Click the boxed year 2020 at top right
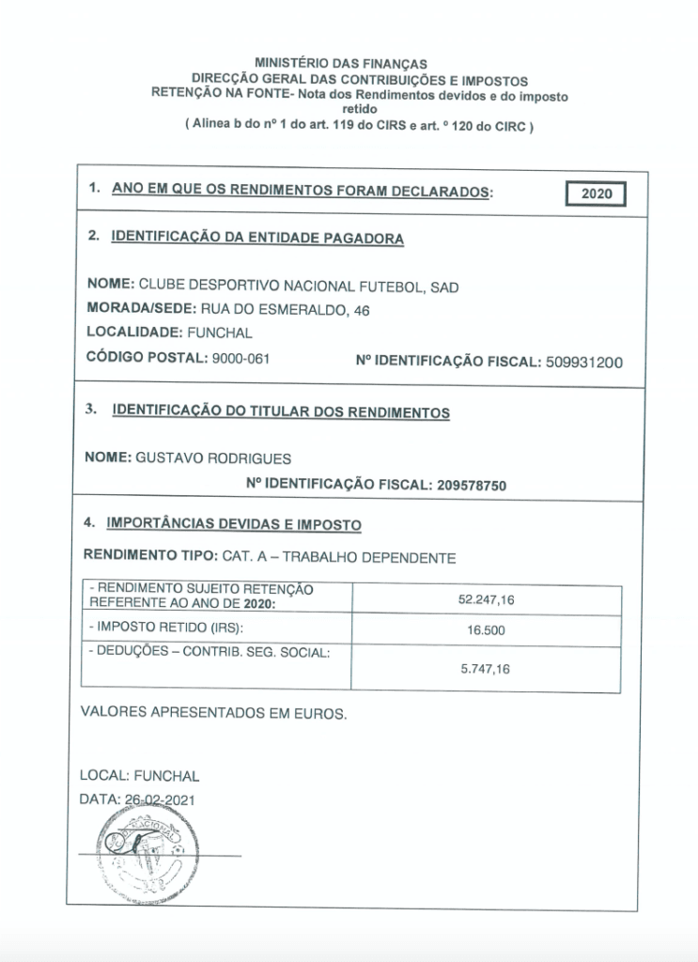coord(597,194)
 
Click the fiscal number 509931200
coord(582,361)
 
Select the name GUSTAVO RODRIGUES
coord(213,458)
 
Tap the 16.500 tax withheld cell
coord(486,630)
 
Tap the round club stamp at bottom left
coord(141,855)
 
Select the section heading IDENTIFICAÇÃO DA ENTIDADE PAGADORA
coord(257,239)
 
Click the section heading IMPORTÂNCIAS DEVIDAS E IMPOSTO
coord(235,523)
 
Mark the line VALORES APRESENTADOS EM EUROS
coord(213,713)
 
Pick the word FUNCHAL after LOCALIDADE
coord(220,333)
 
